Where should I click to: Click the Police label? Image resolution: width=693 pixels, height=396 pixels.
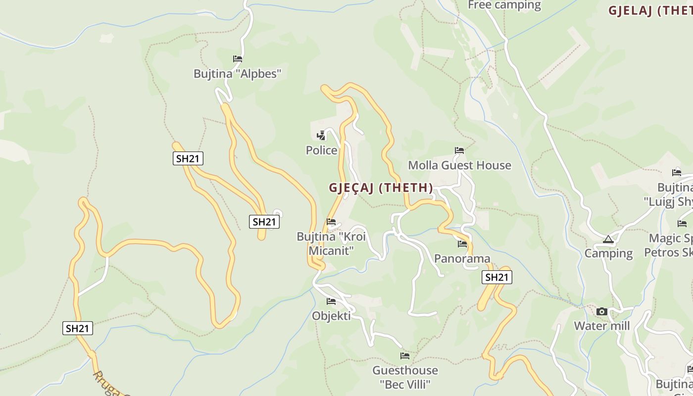[x=321, y=150]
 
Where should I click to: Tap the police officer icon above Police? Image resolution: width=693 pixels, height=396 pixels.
[x=321, y=135]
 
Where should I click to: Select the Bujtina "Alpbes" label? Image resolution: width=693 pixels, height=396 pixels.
[x=237, y=74]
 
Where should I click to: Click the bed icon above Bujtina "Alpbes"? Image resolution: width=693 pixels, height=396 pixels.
[x=238, y=59]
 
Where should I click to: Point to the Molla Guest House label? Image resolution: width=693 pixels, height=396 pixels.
[x=459, y=165]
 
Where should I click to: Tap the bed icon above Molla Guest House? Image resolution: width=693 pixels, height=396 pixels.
[x=459, y=150]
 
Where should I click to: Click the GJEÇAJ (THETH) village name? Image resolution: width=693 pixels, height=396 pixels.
[x=381, y=188]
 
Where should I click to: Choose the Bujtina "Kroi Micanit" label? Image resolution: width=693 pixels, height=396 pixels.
[x=331, y=243]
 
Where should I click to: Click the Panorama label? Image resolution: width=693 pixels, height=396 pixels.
[x=462, y=258]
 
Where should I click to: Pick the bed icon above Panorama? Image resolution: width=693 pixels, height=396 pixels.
[x=462, y=244]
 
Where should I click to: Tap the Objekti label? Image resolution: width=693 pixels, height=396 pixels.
[x=331, y=316]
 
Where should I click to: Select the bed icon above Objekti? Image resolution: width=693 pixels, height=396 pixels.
[x=331, y=301]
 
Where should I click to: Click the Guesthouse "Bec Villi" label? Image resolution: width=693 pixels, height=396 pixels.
[x=405, y=377]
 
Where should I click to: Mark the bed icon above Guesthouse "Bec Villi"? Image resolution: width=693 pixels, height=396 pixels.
[x=405, y=356]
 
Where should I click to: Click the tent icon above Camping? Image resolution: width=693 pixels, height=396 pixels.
[x=608, y=240]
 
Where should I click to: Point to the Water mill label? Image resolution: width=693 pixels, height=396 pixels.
[x=602, y=326]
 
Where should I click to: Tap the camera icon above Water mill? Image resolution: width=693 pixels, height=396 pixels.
[x=602, y=311]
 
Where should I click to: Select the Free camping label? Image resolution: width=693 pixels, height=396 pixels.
[x=504, y=5]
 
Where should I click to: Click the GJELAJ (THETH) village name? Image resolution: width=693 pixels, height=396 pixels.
[x=650, y=11]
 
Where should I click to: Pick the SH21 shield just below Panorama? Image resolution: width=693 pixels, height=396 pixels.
[x=496, y=277]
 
